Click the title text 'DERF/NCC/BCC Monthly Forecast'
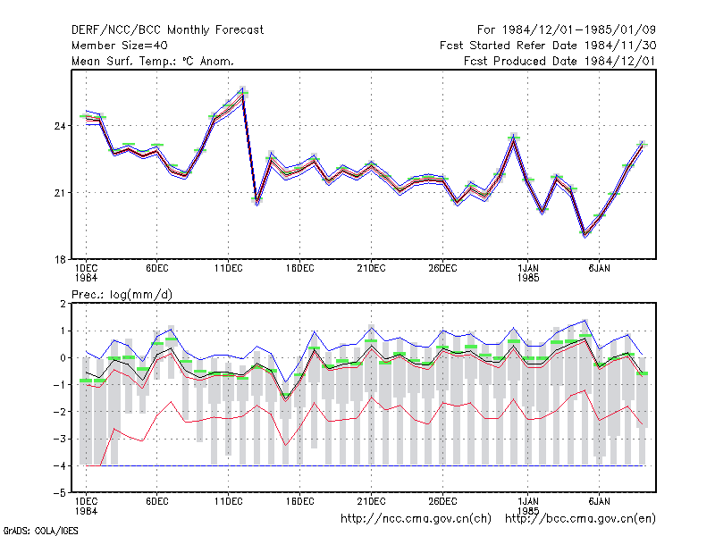[x=167, y=30]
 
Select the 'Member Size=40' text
[x=120, y=46]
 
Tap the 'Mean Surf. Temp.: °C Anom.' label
[x=153, y=61]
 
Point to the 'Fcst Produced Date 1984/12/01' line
[x=560, y=61]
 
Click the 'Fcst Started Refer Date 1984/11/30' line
[x=548, y=46]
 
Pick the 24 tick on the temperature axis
[x=60, y=126]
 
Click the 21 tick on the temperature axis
[x=60, y=193]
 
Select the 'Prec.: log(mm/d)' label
[x=122, y=295]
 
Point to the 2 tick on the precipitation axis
[x=63, y=304]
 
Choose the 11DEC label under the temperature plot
[x=229, y=269]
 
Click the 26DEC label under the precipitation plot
[x=442, y=501]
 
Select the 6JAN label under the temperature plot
[x=599, y=269]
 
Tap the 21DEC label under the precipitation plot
[x=371, y=501]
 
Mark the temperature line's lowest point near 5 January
[x=585, y=235]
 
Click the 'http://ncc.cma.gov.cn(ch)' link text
[x=416, y=519]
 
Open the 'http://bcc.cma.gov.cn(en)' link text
[x=580, y=519]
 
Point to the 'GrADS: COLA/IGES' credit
[x=40, y=531]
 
